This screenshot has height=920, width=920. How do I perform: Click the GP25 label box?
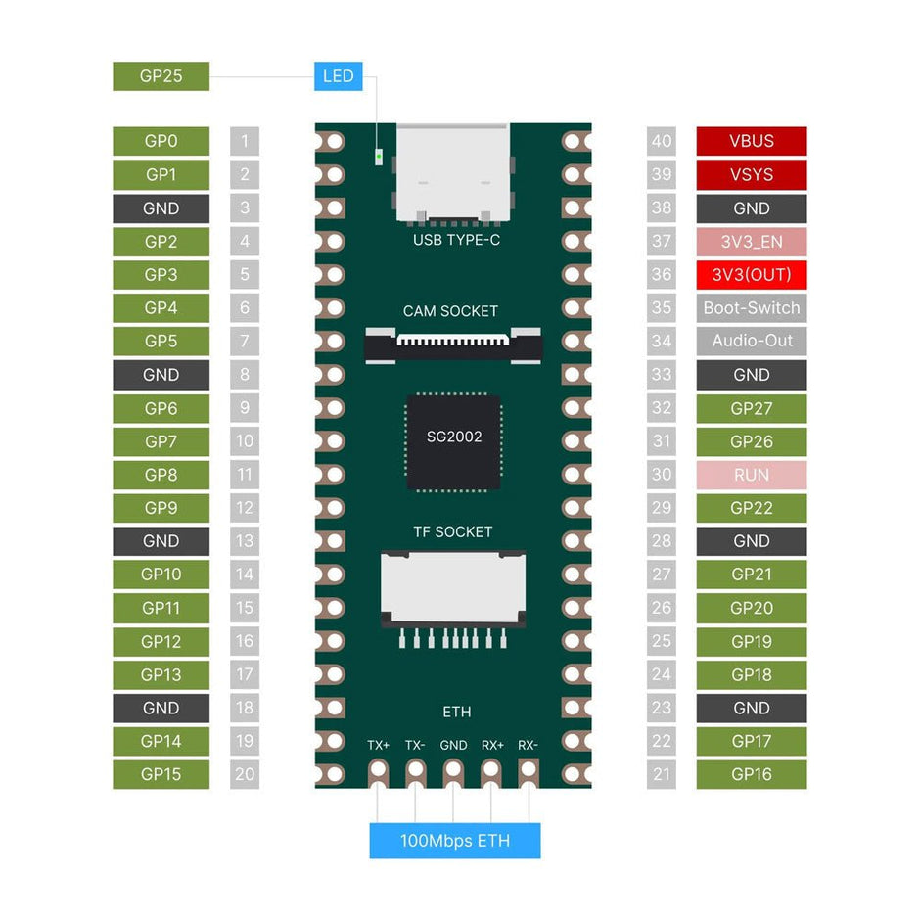pyautogui.click(x=161, y=76)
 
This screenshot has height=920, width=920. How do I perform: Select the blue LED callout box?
pyautogui.click(x=338, y=76)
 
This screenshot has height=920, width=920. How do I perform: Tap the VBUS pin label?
pyautogui.click(x=751, y=141)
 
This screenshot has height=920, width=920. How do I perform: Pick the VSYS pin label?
pyautogui.click(x=751, y=174)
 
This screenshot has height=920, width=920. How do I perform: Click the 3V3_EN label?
pyautogui.click(x=751, y=242)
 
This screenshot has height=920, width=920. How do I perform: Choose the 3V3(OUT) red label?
pyautogui.click(x=751, y=275)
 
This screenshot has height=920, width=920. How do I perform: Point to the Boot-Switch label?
pyautogui.click(x=751, y=308)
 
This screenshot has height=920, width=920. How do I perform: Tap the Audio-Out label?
pyautogui.click(x=751, y=342)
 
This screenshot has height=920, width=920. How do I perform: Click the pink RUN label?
pyautogui.click(x=751, y=475)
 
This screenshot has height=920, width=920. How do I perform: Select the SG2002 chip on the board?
pyautogui.click(x=454, y=441)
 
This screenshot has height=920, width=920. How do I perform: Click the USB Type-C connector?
pyautogui.click(x=453, y=171)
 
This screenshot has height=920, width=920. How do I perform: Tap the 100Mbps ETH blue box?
pyautogui.click(x=454, y=841)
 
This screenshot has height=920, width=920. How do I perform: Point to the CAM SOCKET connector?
pyautogui.click(x=453, y=344)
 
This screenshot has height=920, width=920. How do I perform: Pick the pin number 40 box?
pyautogui.click(x=662, y=141)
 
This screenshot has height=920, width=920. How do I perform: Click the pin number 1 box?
pyautogui.click(x=245, y=141)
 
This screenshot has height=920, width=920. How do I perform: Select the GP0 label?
pyautogui.click(x=161, y=141)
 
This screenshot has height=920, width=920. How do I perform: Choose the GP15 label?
pyautogui.click(x=161, y=774)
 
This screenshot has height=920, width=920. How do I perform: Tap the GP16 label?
pyautogui.click(x=751, y=774)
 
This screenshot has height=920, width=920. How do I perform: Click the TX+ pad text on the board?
pyautogui.click(x=379, y=745)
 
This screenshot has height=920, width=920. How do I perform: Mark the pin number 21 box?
pyautogui.click(x=662, y=774)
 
